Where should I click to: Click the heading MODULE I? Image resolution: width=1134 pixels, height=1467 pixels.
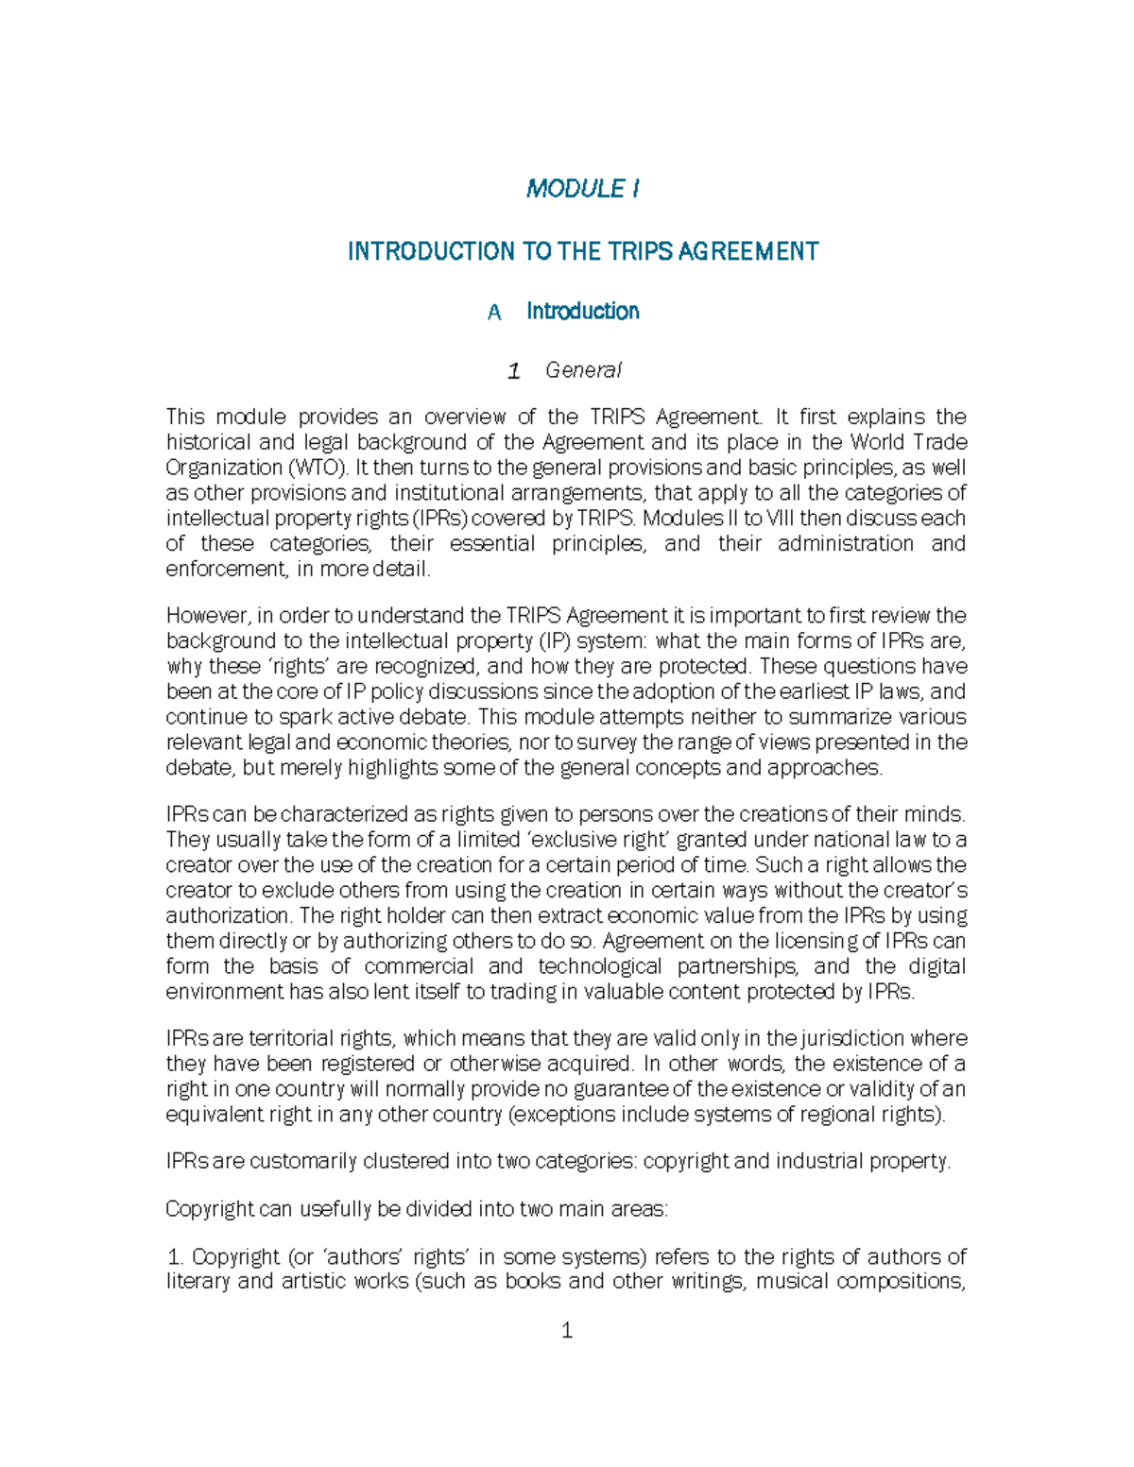[582, 189]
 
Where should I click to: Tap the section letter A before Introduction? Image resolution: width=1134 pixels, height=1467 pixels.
[494, 313]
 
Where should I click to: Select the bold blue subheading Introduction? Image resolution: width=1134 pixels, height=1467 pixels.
[582, 312]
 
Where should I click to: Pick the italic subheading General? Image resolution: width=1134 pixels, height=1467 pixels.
[583, 370]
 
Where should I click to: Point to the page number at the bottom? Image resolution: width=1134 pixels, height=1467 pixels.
[567, 1331]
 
